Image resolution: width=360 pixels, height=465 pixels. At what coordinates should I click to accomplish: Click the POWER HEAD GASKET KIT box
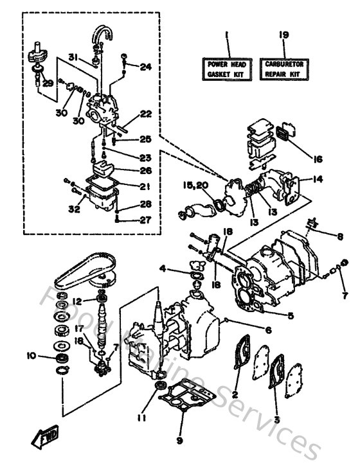(227, 69)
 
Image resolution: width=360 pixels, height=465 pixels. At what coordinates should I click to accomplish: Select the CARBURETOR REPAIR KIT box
(285, 69)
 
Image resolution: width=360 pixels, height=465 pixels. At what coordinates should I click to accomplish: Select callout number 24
(145, 66)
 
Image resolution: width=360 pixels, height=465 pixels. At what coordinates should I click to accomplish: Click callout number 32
(75, 209)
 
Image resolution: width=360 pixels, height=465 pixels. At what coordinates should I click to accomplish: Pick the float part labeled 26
(106, 169)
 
